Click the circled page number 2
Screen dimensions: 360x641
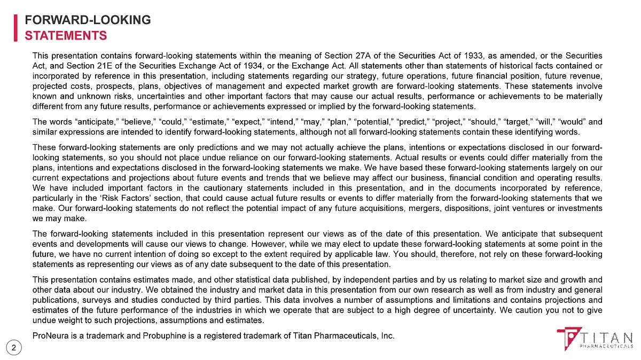click(14, 348)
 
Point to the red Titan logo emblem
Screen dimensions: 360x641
click(568, 338)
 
